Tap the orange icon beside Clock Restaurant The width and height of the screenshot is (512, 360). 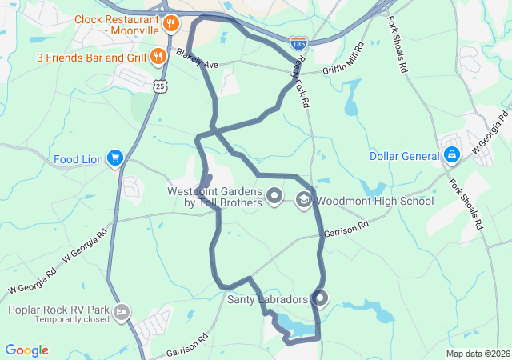pyautogui.click(x=170, y=24)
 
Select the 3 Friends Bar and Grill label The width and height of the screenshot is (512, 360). pyautogui.click(x=91, y=58)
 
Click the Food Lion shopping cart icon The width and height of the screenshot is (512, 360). pyautogui.click(x=115, y=158)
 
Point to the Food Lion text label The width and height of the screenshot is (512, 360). pyautogui.click(x=78, y=159)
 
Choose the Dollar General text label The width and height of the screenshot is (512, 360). pyautogui.click(x=403, y=155)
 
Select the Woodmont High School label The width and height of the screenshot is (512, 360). pyautogui.click(x=374, y=201)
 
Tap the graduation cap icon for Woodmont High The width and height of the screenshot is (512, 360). pyautogui.click(x=304, y=200)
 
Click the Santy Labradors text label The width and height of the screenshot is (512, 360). pyautogui.click(x=267, y=300)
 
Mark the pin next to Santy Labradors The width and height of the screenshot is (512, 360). pyautogui.click(x=320, y=298)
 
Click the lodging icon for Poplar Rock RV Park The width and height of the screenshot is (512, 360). pyautogui.click(x=122, y=311)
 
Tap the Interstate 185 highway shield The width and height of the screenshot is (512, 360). pyautogui.click(x=298, y=39)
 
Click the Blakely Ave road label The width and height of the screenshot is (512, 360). pyautogui.click(x=198, y=58)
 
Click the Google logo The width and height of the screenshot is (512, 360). pyautogui.click(x=26, y=350)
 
